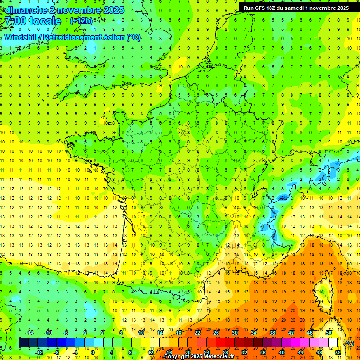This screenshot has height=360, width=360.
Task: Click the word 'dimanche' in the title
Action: (x=26, y=10)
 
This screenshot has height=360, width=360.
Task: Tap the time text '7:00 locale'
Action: (x=32, y=21)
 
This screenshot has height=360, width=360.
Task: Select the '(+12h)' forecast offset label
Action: (x=81, y=21)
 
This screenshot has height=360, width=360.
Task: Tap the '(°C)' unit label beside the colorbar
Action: (x=349, y=343)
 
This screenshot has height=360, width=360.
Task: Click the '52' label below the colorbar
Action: (x=338, y=352)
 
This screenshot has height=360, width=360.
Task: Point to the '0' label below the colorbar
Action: (x=93, y=352)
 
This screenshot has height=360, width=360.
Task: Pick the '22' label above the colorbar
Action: (x=197, y=333)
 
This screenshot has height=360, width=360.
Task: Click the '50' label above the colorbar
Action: (x=329, y=333)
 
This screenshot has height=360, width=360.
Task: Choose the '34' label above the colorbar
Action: (x=254, y=333)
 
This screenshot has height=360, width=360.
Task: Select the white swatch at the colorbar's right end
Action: (x=333, y=343)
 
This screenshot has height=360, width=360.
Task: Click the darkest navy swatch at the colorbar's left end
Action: (x=23, y=343)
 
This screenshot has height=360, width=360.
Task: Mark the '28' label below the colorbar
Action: (x=225, y=352)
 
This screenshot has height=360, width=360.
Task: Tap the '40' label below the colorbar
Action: (x=282, y=352)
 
